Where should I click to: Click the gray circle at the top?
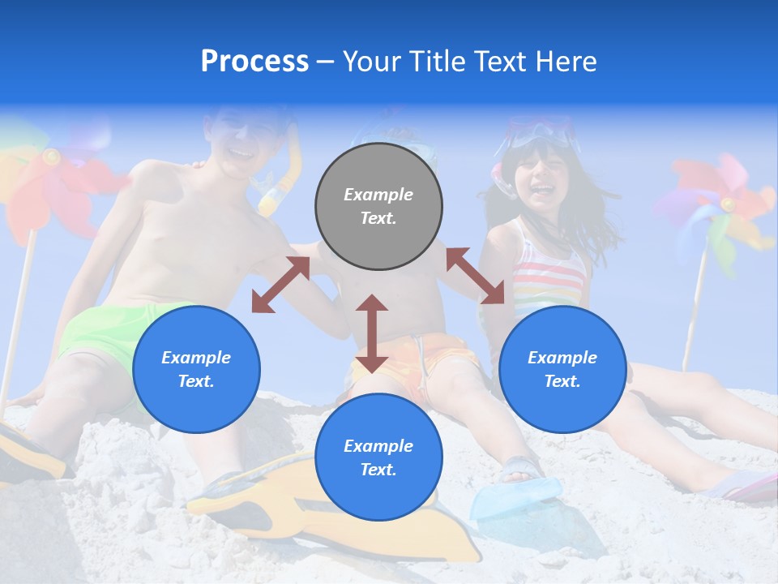[x=378, y=206]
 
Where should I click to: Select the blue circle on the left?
[x=196, y=369]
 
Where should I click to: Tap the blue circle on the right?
[x=562, y=369]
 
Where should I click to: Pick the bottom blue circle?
[x=378, y=457]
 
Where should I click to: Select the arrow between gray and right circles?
[x=475, y=276]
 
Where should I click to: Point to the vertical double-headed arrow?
[x=372, y=333]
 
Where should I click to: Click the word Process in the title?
[x=254, y=61]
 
